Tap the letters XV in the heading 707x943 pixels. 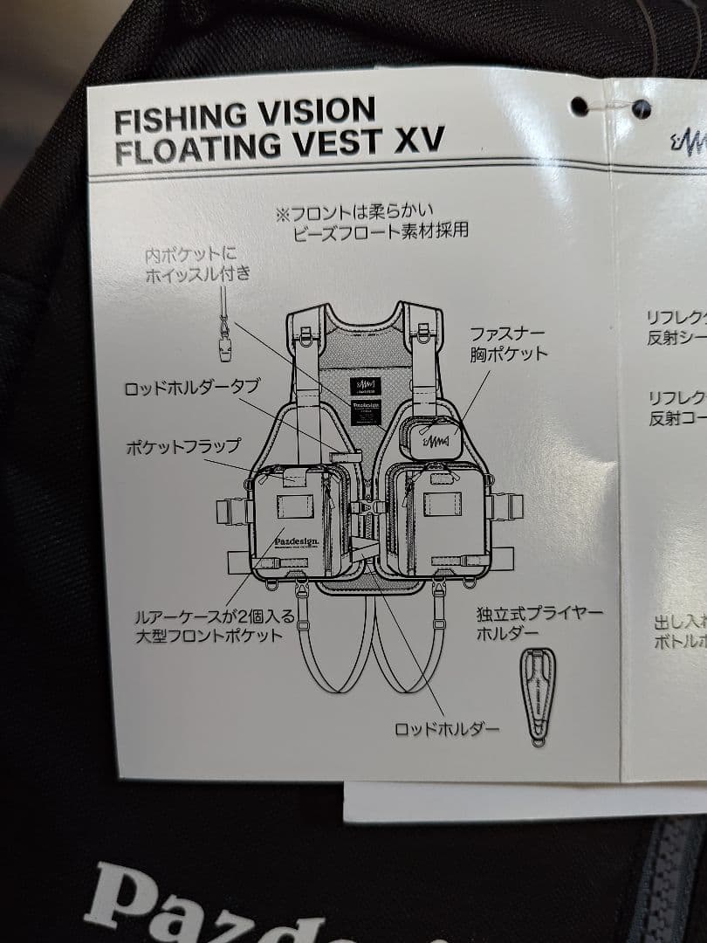pyautogui.click(x=419, y=140)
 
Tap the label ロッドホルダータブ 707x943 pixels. pyautogui.click(x=192, y=388)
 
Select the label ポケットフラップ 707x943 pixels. pyautogui.click(x=183, y=446)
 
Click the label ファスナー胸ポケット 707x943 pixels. pyautogui.click(x=508, y=343)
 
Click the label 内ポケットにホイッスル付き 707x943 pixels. pyautogui.click(x=199, y=265)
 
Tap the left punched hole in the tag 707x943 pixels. pyautogui.click(x=579, y=107)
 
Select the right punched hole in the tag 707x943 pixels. pyautogui.click(x=642, y=109)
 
